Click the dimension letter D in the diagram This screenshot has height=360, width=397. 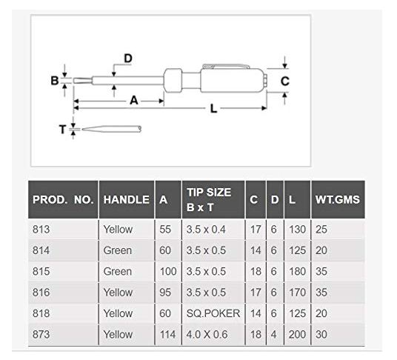[x=128, y=59]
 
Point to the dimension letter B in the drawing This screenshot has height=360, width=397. [x=54, y=81]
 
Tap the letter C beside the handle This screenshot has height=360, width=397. [x=285, y=81]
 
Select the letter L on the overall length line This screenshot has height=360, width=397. [x=214, y=109]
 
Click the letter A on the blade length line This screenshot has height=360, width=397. [x=133, y=101]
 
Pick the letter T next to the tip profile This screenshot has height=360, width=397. [x=62, y=130]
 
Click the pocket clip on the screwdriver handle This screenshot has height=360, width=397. [x=226, y=67]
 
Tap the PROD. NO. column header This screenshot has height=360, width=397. [x=63, y=200]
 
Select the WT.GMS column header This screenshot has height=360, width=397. [x=338, y=200]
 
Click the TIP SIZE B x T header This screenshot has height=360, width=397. [x=209, y=200]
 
